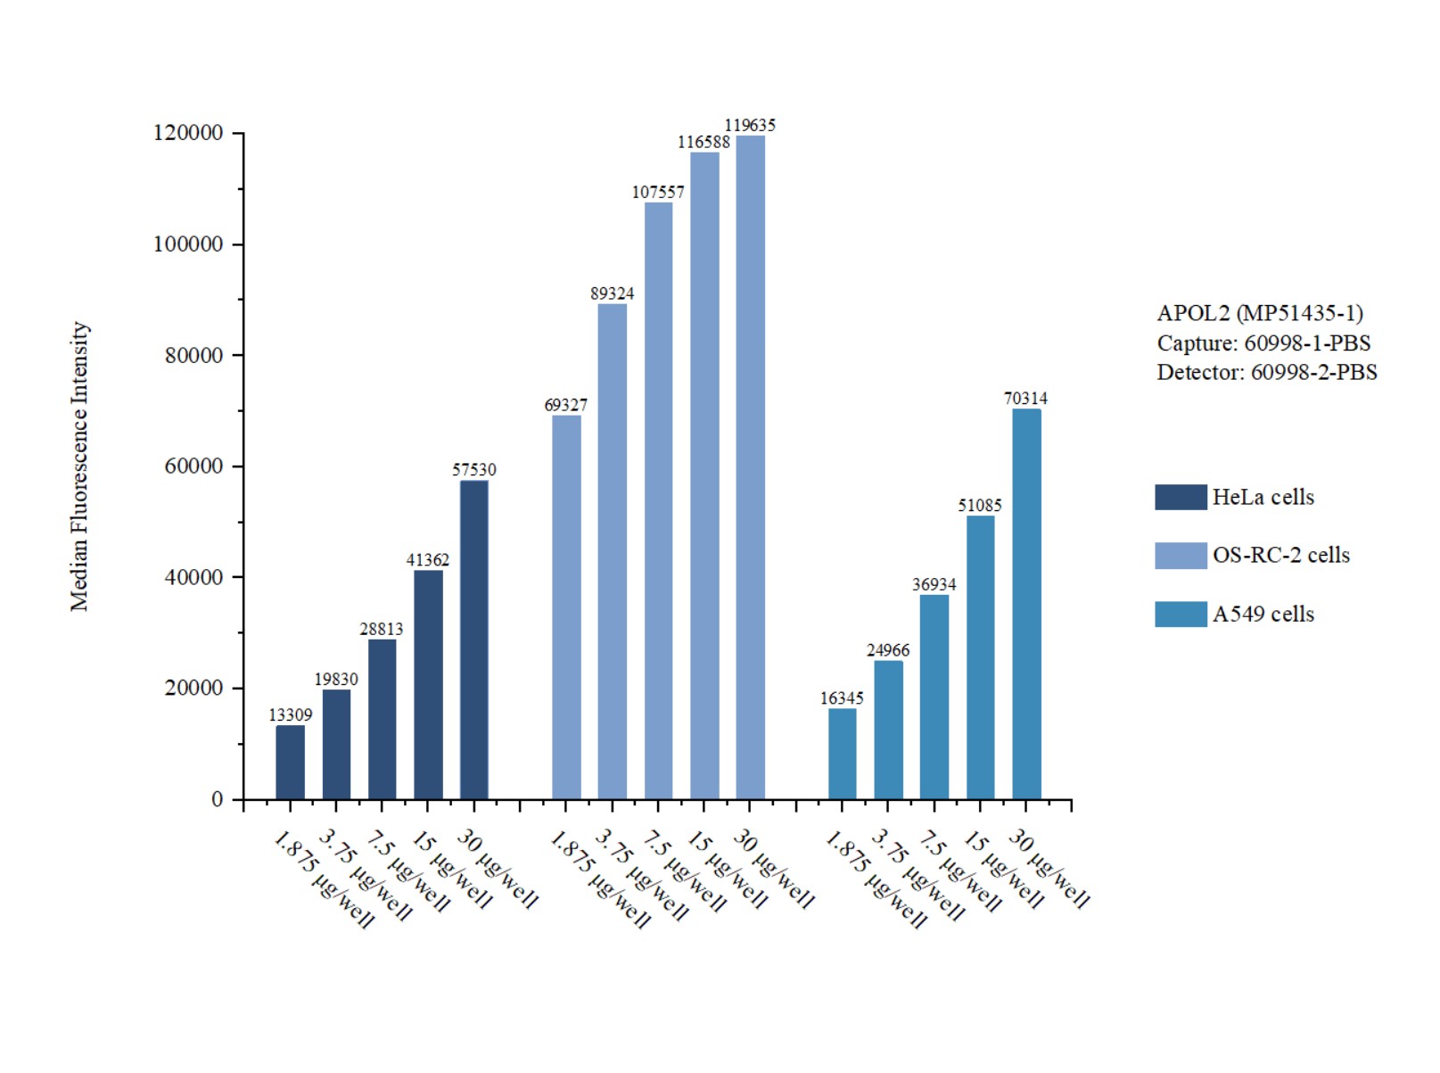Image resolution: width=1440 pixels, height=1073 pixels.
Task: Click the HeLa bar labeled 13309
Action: coord(290,763)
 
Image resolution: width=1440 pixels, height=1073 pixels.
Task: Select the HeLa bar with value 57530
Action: coord(473,640)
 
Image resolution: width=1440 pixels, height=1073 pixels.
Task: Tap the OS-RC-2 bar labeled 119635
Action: coord(750,467)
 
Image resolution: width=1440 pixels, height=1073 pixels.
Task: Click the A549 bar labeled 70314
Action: coord(1026,604)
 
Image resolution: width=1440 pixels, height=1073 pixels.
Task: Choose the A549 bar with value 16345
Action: coord(842,754)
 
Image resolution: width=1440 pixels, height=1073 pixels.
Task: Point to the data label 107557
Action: coord(658,192)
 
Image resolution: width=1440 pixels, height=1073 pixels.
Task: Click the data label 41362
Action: coord(428,560)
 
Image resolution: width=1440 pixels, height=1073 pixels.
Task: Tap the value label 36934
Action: coord(934,584)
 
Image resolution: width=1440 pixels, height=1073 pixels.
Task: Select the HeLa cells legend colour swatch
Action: coord(1180,497)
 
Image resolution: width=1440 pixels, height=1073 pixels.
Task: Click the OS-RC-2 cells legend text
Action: coord(1280,555)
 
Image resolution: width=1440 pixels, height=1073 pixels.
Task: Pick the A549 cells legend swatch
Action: coord(1180,614)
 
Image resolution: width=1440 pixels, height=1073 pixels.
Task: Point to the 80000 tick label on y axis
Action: coord(193,355)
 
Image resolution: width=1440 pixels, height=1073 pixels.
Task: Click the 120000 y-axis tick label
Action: coord(188,133)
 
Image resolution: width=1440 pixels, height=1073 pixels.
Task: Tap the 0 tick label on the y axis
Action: coord(217,799)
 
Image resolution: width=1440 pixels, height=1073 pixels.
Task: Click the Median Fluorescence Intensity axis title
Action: coord(80,466)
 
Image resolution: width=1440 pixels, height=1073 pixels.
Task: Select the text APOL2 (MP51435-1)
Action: coord(1259,313)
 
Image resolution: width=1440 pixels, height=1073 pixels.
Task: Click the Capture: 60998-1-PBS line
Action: coord(1263,343)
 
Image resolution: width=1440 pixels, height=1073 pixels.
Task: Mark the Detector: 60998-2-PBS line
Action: coord(1266,372)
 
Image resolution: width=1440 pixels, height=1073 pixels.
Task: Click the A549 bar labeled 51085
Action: coord(980,657)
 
